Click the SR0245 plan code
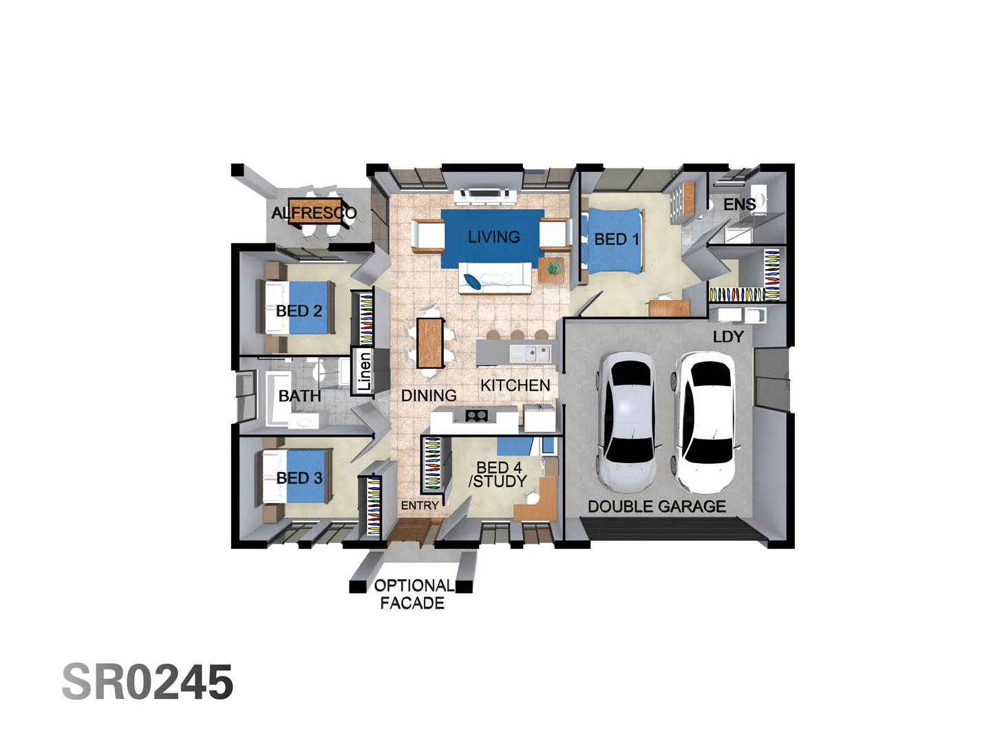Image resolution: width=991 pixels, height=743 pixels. (147, 682)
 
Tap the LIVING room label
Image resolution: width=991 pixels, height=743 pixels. (493, 237)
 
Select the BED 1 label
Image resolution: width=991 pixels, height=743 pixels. (616, 239)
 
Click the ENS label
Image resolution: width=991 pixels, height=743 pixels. (739, 204)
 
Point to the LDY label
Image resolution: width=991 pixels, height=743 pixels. (727, 336)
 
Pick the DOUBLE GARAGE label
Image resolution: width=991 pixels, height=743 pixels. (657, 506)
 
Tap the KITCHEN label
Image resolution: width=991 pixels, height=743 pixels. (515, 385)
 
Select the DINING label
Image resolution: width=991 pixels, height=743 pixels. (429, 396)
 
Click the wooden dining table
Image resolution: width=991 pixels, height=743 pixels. (429, 343)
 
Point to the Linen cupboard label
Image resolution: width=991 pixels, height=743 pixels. (364, 371)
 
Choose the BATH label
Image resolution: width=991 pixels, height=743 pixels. (299, 396)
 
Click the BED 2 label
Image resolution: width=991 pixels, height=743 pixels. (299, 311)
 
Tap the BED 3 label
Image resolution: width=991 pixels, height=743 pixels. (299, 478)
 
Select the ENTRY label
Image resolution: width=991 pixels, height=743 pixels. (420, 506)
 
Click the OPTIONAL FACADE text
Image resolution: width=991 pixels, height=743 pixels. (413, 594)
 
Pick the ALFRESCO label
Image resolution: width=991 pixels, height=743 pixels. (314, 213)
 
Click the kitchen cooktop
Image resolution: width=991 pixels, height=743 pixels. (476, 415)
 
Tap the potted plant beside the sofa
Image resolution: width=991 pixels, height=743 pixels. (554, 266)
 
